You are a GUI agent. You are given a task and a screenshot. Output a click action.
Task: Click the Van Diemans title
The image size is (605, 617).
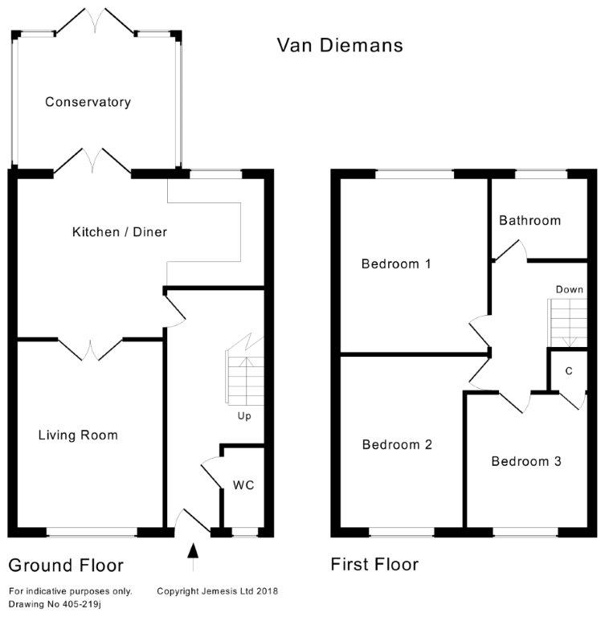tap(340, 44)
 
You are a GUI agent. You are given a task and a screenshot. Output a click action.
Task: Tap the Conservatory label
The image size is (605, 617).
tap(88, 102)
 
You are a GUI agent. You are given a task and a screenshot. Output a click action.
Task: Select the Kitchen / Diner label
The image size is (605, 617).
tap(120, 232)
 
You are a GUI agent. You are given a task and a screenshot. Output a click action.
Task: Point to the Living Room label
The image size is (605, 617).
tap(78, 435)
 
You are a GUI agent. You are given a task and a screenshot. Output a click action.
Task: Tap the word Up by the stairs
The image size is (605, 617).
tap(245, 416)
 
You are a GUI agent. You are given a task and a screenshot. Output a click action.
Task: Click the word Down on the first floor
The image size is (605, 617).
tap(569, 289)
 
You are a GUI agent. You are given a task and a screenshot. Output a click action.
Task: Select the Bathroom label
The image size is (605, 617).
tap(529, 220)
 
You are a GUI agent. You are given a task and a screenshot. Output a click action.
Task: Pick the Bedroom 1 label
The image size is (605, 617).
tap(397, 264)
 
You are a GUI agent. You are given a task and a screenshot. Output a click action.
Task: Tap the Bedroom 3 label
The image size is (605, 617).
tap(526, 462)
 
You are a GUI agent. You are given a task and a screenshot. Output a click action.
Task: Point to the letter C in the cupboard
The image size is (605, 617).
tap(569, 370)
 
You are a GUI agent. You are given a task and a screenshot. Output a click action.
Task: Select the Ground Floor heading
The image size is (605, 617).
tap(65, 565)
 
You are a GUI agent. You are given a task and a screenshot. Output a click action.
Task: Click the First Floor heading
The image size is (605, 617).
tap(374, 565)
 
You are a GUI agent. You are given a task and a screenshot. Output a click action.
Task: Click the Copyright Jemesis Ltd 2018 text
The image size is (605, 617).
tap(217, 591)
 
